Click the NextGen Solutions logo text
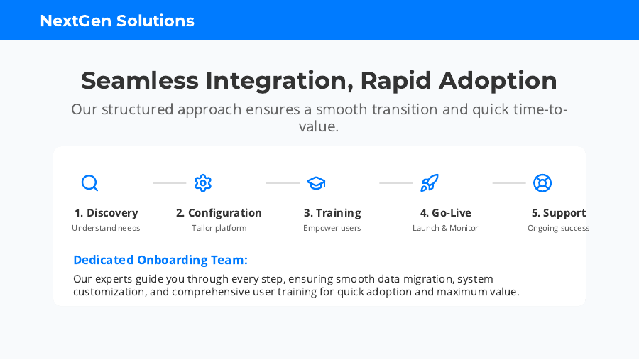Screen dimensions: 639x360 (117, 21)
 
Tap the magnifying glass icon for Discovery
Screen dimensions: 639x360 (90, 183)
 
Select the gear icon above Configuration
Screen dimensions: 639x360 (203, 183)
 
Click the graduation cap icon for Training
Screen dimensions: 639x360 (316, 183)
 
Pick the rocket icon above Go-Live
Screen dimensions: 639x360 (429, 183)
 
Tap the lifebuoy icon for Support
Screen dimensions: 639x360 (542, 183)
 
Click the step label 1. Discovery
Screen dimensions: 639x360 (106, 213)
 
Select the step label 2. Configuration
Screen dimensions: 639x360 (219, 213)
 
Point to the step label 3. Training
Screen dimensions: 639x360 (332, 213)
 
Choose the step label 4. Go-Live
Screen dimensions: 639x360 (445, 213)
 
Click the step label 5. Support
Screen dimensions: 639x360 (559, 213)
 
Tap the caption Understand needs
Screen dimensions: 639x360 (106, 228)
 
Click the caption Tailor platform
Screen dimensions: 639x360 (219, 228)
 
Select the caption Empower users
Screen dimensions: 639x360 (332, 229)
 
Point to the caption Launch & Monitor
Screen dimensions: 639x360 (445, 228)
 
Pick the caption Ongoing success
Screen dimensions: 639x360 (558, 229)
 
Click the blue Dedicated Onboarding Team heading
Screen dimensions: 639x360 (160, 260)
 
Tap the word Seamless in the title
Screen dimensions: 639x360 (140, 80)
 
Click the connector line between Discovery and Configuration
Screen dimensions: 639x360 (170, 183)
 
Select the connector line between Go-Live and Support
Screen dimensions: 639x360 (509, 183)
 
